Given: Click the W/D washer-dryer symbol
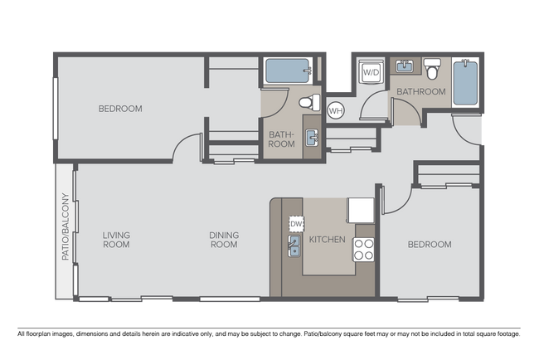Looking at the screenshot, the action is (x=371, y=72).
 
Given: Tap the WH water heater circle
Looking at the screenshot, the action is (x=336, y=110).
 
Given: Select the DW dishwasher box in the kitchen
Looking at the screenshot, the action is (x=296, y=224).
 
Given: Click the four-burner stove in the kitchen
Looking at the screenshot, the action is (x=364, y=250).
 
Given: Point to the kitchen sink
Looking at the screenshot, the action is (x=294, y=246).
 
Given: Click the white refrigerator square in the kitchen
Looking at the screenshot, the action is (x=361, y=210).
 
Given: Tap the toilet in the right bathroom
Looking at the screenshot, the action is (x=432, y=68).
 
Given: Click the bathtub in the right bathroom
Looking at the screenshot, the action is (x=465, y=83).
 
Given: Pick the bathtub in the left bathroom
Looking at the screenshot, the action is (x=288, y=71).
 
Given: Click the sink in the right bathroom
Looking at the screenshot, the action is (x=405, y=66).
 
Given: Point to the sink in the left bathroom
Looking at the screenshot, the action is (x=312, y=138).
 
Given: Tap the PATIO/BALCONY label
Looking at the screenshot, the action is (x=66, y=226).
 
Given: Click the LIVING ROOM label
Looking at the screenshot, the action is (x=117, y=240).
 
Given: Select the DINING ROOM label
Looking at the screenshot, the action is (x=224, y=240).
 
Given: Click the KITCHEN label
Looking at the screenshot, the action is (x=328, y=240).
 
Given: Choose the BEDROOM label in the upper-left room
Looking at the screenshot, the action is (x=120, y=109).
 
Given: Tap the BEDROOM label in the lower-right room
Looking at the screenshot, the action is (x=430, y=245).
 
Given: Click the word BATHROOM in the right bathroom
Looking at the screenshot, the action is (x=421, y=91).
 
